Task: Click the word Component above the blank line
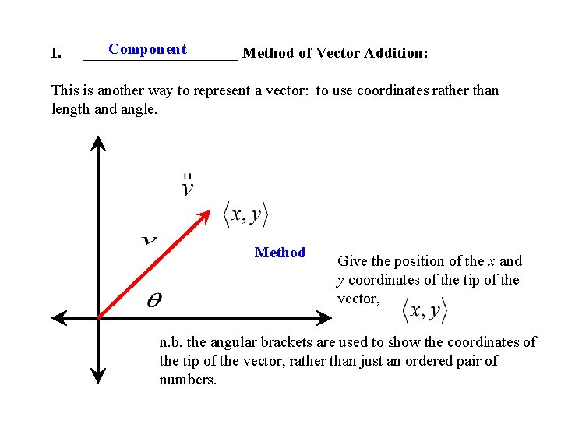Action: click(147, 49)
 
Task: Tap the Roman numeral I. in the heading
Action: click(56, 54)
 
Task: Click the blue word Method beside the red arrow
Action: click(280, 253)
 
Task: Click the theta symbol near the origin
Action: click(154, 301)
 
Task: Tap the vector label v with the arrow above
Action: click(188, 186)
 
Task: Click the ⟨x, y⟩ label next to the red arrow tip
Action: click(245, 214)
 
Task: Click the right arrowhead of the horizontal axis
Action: click(326, 317)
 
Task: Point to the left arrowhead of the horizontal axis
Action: click(58, 317)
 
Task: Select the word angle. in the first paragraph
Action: click(139, 109)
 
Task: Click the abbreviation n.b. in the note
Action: click(171, 342)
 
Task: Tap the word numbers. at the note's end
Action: click(188, 380)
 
